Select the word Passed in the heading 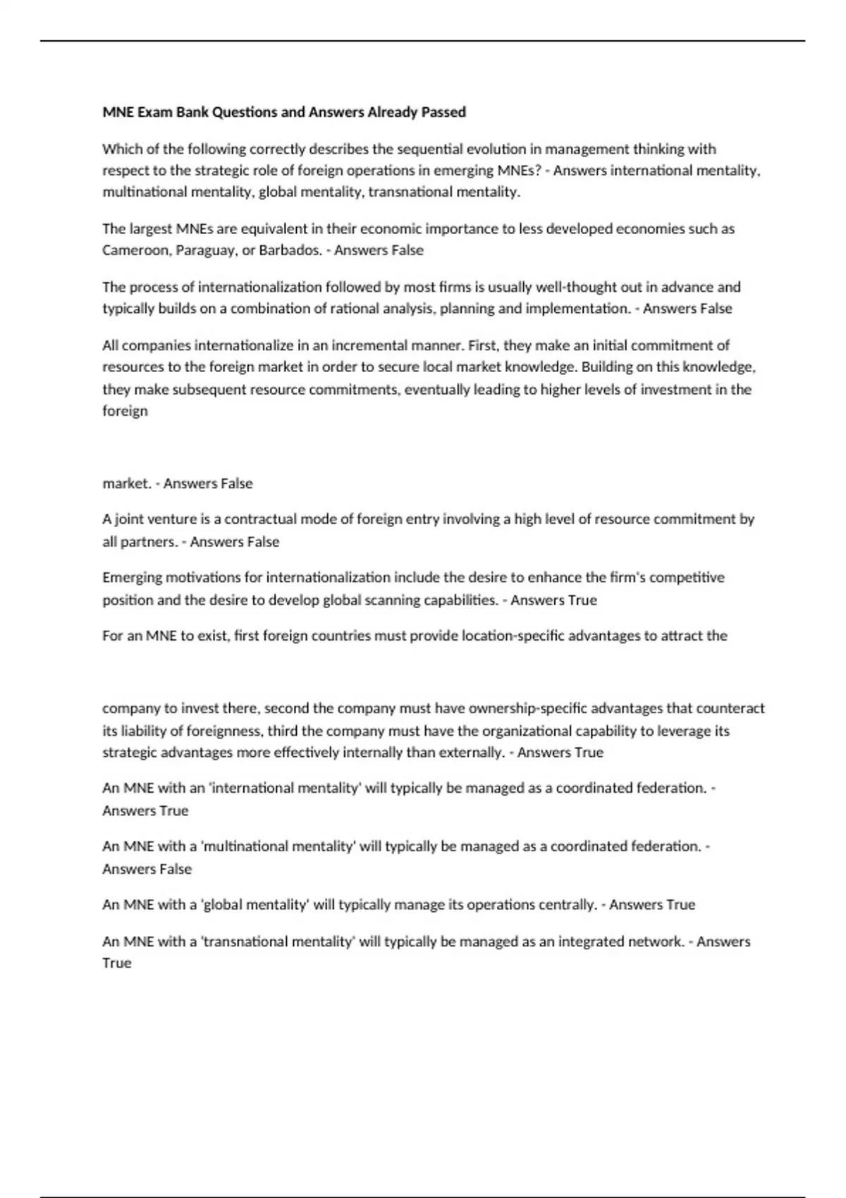pyautogui.click(x=443, y=112)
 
